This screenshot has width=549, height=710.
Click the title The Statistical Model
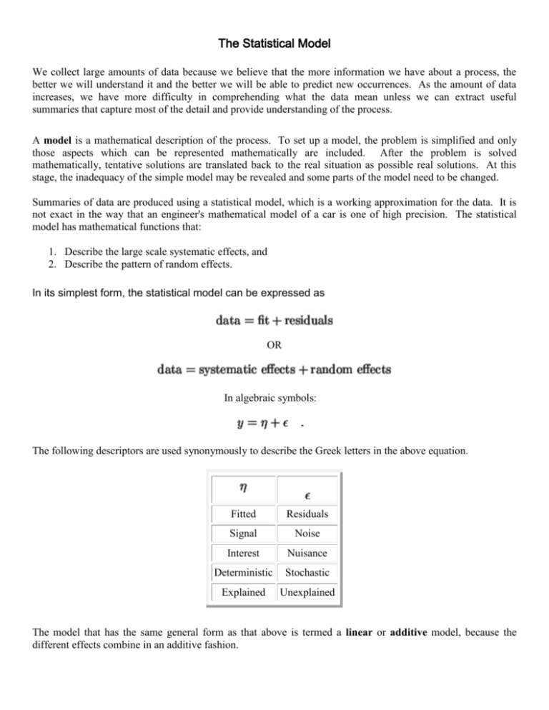[x=274, y=26]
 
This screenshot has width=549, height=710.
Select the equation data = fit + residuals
[x=274, y=321]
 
